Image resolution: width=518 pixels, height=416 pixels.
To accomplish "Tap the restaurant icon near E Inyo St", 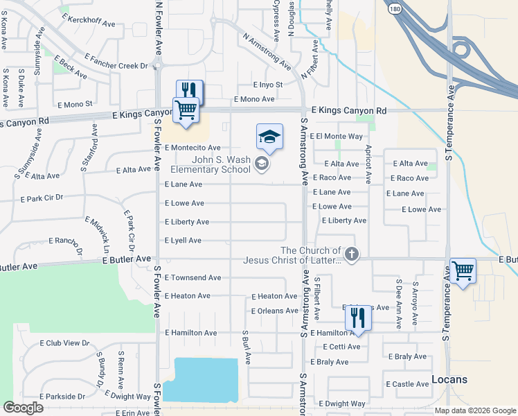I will (189, 90).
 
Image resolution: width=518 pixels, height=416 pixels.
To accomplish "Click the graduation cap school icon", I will (269, 136).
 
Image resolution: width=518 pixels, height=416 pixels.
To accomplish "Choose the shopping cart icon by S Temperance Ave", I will (463, 270).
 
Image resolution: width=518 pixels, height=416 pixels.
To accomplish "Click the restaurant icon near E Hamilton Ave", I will (358, 318).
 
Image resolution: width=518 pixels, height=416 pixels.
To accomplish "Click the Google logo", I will (23, 408).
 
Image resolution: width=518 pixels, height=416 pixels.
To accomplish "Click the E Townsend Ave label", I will (193, 277).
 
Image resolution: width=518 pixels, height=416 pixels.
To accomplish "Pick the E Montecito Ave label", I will (193, 148).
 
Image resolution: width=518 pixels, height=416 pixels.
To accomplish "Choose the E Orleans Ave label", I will (274, 311).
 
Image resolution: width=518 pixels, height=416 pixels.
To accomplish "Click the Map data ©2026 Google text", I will (476, 410).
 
